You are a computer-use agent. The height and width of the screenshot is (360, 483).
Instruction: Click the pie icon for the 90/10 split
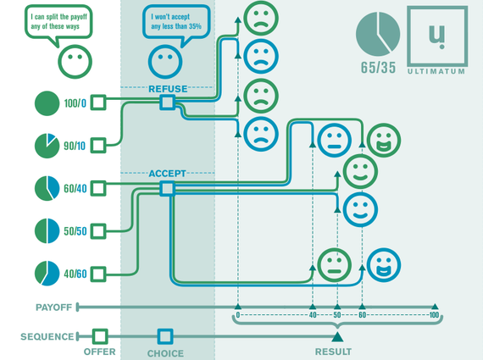coord(47,146)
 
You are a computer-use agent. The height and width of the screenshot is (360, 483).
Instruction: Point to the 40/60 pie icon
coord(47,274)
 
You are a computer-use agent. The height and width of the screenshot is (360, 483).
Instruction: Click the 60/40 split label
coord(75,188)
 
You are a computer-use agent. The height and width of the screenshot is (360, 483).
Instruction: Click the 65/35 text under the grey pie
coord(378,68)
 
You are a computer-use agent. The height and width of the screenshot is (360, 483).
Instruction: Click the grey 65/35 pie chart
coord(378,34)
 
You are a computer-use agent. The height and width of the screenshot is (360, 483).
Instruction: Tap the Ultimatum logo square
coord(437,36)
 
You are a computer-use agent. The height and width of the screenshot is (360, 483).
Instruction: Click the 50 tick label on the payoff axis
coord(337,315)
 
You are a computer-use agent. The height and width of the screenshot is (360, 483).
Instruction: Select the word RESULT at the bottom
coord(333,352)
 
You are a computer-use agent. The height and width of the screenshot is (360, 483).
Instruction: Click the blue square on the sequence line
coord(165,336)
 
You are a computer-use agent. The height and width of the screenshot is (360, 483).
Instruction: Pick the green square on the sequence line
coord(100,336)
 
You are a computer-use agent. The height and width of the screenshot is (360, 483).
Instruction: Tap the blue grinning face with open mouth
coord(384,265)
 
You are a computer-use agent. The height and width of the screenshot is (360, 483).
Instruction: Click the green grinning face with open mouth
coord(384,140)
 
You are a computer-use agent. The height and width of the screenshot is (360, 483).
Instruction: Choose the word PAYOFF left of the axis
coord(53,307)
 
